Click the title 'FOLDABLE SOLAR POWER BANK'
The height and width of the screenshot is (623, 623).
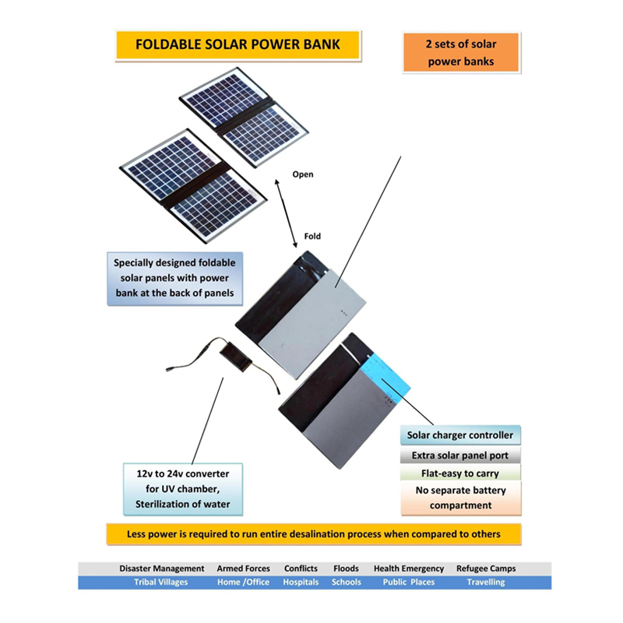coord(238,44)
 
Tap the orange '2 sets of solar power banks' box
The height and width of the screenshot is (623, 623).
coord(460,53)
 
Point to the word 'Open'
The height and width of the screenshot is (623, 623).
coord(302,174)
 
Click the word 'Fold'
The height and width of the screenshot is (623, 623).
coord(311,236)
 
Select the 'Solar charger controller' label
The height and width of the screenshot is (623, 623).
coord(460,435)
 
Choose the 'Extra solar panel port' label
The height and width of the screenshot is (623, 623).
coord(460,455)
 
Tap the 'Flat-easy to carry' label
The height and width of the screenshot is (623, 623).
coord(460,473)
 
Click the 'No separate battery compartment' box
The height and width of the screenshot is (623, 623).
coord(460,498)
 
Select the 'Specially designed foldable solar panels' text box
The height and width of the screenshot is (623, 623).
coord(174,278)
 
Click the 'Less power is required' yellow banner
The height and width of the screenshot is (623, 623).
coord(313,534)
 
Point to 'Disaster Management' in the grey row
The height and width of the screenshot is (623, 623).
coord(162,568)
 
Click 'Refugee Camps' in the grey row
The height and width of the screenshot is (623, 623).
coord(486,568)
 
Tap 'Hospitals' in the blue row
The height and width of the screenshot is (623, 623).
coord(301,583)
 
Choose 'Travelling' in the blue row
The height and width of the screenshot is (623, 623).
coord(486,583)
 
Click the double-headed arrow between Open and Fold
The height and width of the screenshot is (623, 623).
coord(287,206)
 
